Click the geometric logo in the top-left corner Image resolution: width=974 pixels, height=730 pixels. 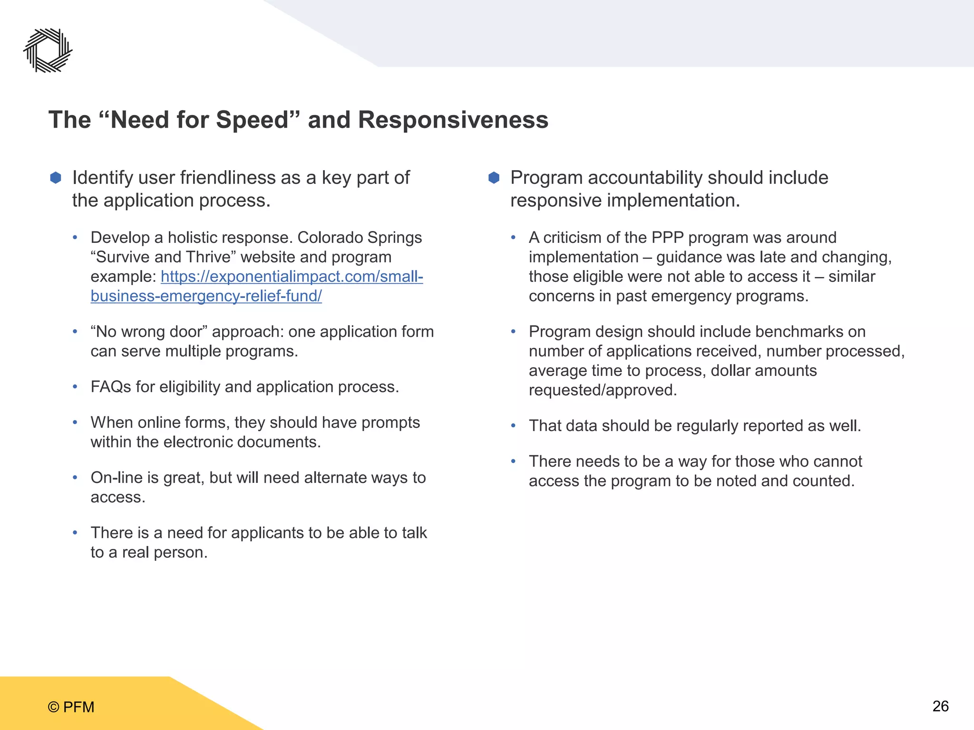point(48,50)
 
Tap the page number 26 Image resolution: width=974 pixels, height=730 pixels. point(940,706)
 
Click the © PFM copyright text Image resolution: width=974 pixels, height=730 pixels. point(71,707)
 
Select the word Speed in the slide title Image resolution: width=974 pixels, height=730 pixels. point(252,120)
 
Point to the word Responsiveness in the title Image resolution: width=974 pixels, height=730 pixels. point(453,120)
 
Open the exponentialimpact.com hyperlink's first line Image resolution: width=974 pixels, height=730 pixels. point(292,277)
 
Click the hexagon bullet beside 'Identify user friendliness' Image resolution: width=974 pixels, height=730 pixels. point(56,178)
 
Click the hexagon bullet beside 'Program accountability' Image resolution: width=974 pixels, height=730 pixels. point(494,178)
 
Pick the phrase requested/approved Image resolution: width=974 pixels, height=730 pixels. point(603,390)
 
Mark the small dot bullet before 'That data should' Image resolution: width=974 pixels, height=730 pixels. point(513,426)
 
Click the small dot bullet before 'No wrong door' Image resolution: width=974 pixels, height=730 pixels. point(75,332)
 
